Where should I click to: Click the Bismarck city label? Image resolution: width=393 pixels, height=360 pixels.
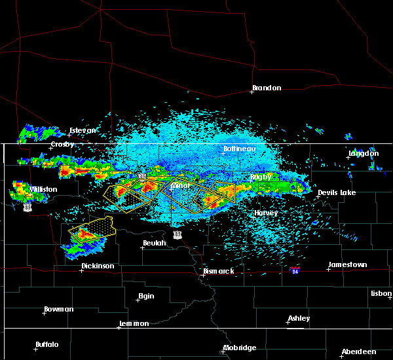[221, 271]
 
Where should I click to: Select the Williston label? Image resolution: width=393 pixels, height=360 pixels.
[43, 189]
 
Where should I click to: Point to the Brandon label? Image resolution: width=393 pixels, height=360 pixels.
[267, 88]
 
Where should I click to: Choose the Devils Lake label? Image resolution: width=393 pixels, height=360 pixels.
[337, 192]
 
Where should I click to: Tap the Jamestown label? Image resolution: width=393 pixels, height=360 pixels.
[348, 264]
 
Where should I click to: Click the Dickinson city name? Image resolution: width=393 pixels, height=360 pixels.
[98, 266]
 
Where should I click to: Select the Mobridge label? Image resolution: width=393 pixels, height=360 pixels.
[240, 348]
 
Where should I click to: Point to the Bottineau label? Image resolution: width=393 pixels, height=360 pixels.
[238, 149]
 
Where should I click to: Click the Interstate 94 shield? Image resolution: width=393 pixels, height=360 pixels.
[295, 270]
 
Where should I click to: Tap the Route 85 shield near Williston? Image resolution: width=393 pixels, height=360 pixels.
[27, 206]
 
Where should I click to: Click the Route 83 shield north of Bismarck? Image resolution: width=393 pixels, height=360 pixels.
[178, 234]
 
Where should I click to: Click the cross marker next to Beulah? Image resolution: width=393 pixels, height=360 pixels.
[141, 247]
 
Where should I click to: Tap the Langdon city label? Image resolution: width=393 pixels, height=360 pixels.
[364, 154]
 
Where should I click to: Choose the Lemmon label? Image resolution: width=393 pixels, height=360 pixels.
[135, 324]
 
